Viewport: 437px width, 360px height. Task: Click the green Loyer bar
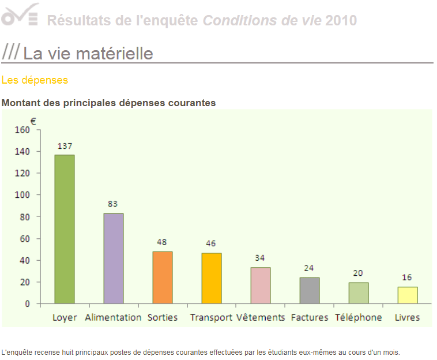pos(65,229)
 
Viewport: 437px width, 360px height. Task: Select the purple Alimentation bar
pos(114,258)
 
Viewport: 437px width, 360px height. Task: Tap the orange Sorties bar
pos(163,277)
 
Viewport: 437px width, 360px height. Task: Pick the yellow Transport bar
pos(212,278)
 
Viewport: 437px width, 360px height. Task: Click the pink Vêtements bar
pos(261,286)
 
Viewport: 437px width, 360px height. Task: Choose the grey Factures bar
pos(310,291)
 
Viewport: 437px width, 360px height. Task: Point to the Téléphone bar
pos(359,293)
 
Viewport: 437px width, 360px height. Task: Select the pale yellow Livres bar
pos(408,295)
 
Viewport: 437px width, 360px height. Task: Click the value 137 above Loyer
pos(65,146)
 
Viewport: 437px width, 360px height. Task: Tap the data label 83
pos(113,204)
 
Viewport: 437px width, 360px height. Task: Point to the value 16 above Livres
pos(407,277)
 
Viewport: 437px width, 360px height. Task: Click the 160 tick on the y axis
pos(21,130)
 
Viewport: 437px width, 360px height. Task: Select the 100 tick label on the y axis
pos(21,195)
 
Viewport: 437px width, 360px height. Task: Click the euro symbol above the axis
pos(33,121)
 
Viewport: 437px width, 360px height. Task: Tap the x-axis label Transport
pos(211,317)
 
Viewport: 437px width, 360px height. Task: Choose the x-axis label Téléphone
pos(358,317)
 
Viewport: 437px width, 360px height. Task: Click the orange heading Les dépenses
pos(35,80)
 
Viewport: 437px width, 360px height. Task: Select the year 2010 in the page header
pos(341,21)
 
